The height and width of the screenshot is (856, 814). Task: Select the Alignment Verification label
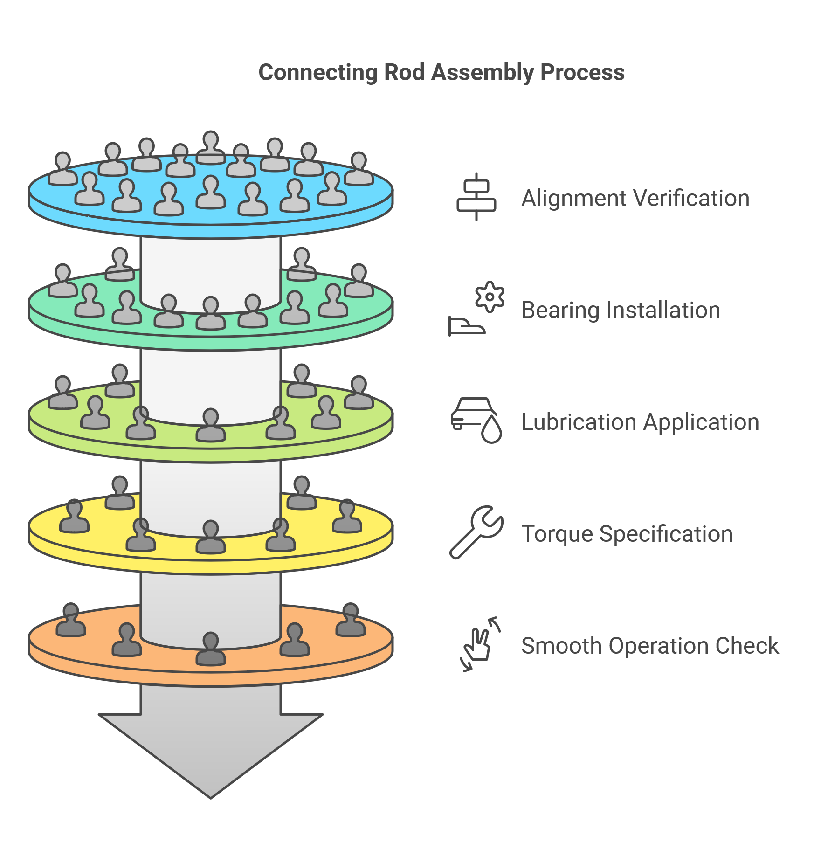(x=635, y=198)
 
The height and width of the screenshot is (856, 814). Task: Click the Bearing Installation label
(x=621, y=310)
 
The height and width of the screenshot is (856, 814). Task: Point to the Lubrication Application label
(x=640, y=422)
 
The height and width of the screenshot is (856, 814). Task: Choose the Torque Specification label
(x=627, y=534)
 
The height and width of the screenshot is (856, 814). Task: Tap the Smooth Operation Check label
(x=650, y=646)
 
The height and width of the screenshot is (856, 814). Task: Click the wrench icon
(x=476, y=532)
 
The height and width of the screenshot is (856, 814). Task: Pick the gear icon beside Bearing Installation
(x=490, y=297)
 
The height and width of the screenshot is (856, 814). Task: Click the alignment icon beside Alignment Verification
(x=476, y=197)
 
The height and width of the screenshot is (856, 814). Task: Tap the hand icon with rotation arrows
(x=479, y=644)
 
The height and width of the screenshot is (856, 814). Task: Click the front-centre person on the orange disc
(x=211, y=649)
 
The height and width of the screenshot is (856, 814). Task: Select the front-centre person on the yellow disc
(x=211, y=537)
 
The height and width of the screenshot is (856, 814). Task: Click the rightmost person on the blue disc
(x=359, y=169)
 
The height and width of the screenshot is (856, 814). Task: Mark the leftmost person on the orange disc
(x=71, y=620)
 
